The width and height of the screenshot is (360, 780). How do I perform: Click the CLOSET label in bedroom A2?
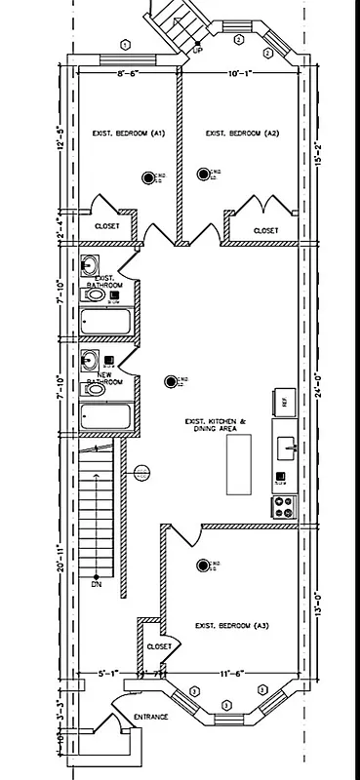pyautogui.click(x=265, y=231)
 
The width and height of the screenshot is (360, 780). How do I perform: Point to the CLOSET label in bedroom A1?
pyautogui.click(x=106, y=226)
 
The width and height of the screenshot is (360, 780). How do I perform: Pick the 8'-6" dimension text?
pyautogui.click(x=127, y=72)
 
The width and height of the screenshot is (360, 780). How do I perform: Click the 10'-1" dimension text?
pyautogui.click(x=240, y=72)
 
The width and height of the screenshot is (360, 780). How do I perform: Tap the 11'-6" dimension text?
pyautogui.click(x=232, y=673)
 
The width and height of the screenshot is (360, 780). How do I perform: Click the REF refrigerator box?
pyautogui.click(x=284, y=401)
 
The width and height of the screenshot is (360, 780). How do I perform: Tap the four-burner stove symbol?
pyautogui.click(x=285, y=506)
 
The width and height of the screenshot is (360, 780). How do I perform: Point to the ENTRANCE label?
pyautogui.click(x=151, y=717)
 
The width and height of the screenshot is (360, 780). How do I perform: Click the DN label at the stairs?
pyautogui.click(x=96, y=584)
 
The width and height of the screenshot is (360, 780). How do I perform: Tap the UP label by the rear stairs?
pyautogui.click(x=198, y=51)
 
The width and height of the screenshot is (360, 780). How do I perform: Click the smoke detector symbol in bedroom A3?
pyautogui.click(x=203, y=564)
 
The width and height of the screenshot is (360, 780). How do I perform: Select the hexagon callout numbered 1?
pyautogui.click(x=124, y=44)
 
